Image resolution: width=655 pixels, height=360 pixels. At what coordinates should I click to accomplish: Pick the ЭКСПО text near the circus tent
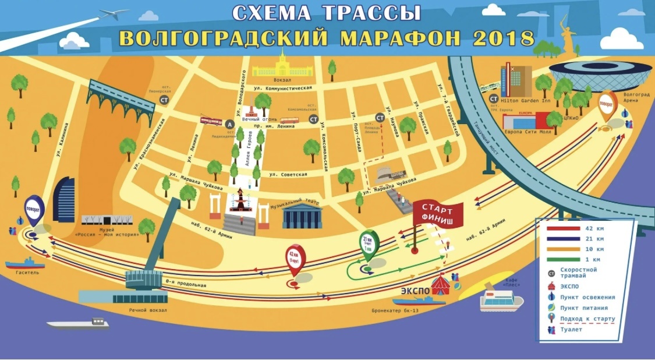tap(415, 290)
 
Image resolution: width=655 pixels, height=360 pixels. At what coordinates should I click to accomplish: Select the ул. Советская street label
tap(288, 174)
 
